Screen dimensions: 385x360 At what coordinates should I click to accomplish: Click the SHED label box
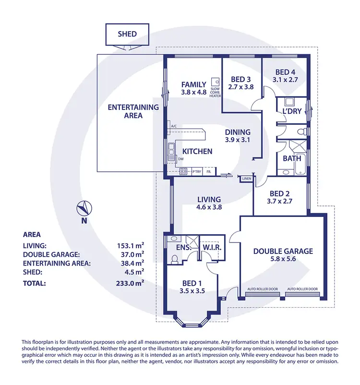pyautogui.click(x=127, y=34)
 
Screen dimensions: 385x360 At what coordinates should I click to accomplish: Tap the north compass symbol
pyautogui.click(x=84, y=209)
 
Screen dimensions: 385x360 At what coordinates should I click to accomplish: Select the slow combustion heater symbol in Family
pyautogui.click(x=216, y=82)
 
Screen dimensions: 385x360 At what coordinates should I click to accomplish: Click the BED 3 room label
pyautogui.click(x=241, y=80)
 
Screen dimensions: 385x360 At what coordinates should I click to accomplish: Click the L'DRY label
pyautogui.click(x=291, y=111)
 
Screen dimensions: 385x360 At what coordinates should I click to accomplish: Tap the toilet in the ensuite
pyautogui.click(x=175, y=259)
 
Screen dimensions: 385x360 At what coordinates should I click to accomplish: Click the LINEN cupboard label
pyautogui.click(x=247, y=178)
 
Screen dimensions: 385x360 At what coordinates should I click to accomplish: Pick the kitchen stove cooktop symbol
pyautogui.click(x=183, y=171)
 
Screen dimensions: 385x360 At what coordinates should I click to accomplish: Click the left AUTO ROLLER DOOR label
pyautogui.click(x=263, y=289)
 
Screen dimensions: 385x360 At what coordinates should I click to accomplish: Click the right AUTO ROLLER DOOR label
pyautogui.click(x=302, y=289)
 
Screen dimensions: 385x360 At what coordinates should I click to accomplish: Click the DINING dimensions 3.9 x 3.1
pyautogui.click(x=238, y=140)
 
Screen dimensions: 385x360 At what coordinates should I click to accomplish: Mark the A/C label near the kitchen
pyautogui.click(x=174, y=127)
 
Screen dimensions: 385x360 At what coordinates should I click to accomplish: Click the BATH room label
pyautogui.click(x=291, y=157)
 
